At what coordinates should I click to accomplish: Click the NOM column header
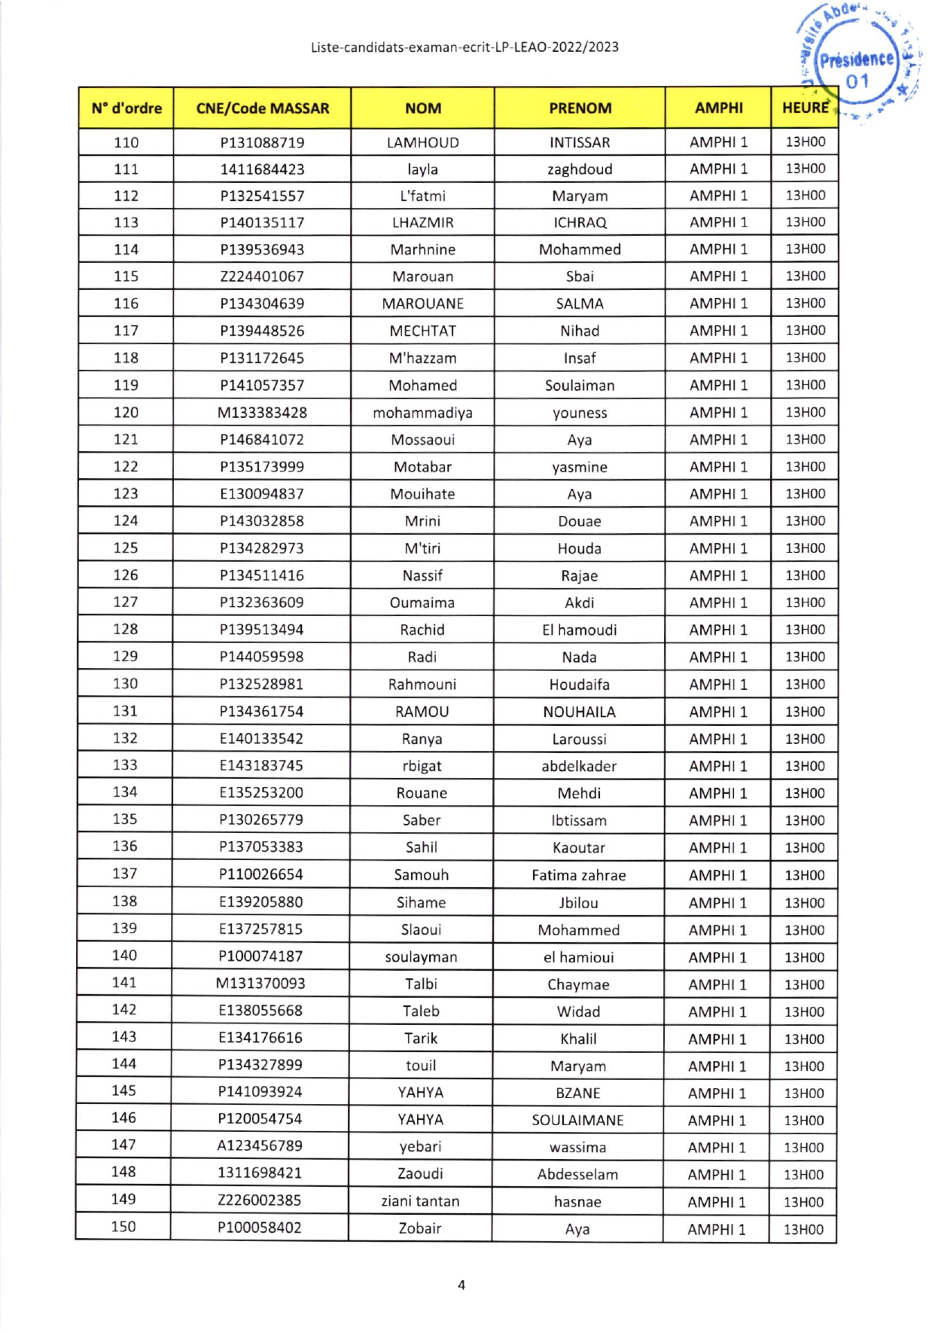pyautogui.click(x=423, y=108)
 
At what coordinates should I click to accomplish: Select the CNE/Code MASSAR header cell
pyautogui.click(x=262, y=108)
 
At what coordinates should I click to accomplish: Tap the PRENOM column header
pyautogui.click(x=580, y=108)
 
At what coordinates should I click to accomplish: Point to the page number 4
pyautogui.click(x=461, y=1285)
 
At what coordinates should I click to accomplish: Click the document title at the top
pyautogui.click(x=464, y=47)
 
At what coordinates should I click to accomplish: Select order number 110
pyautogui.click(x=126, y=142)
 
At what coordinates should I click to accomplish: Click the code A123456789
pyautogui.click(x=260, y=1145)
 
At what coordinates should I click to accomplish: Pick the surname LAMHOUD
pyautogui.click(x=422, y=142)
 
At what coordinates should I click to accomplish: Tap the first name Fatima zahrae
pyautogui.click(x=578, y=874)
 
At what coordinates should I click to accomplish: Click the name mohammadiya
pyautogui.click(x=422, y=413)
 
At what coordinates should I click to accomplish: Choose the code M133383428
pyautogui.click(x=262, y=413)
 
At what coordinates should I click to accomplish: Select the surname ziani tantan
pyautogui.click(x=420, y=1200)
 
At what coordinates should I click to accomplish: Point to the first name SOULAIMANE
pyautogui.click(x=577, y=1120)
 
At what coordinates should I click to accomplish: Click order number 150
pyautogui.click(x=123, y=1226)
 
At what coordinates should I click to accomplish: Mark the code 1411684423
pyautogui.click(x=262, y=169)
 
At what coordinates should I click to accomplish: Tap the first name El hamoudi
pyautogui.click(x=579, y=630)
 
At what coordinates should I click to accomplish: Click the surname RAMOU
pyautogui.click(x=422, y=712)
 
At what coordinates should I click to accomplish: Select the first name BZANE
pyautogui.click(x=577, y=1093)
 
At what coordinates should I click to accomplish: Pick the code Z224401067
pyautogui.click(x=262, y=276)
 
